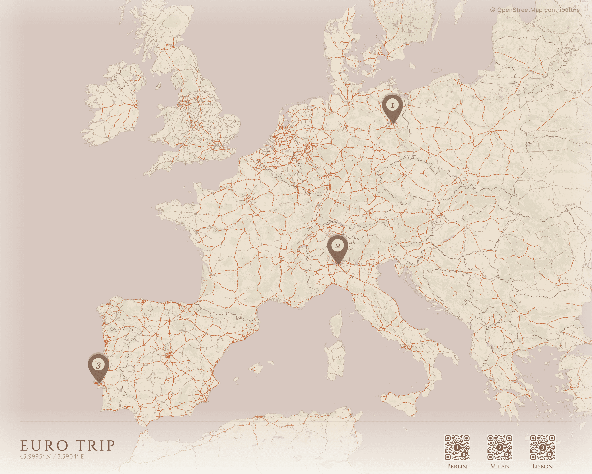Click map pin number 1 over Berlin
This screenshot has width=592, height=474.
click(392, 106)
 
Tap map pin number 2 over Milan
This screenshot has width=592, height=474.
click(337, 246)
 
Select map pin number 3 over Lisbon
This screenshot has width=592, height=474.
click(98, 366)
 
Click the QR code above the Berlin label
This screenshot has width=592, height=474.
click(457, 447)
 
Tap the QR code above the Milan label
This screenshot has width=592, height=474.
click(500, 447)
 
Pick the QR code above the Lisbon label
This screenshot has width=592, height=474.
click(543, 447)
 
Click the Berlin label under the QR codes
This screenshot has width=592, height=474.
click(457, 466)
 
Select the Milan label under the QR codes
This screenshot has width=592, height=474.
click(500, 466)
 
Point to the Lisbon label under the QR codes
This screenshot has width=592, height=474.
click(543, 466)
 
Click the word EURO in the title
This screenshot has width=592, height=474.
click(44, 446)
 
